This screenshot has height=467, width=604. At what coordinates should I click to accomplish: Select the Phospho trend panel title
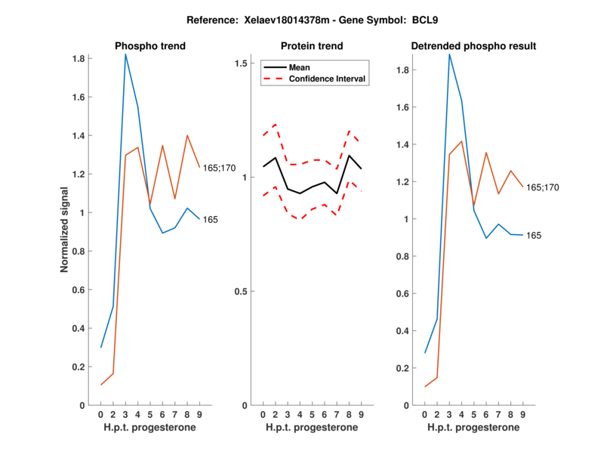[x=149, y=46]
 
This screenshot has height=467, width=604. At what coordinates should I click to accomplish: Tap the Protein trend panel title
[x=312, y=46]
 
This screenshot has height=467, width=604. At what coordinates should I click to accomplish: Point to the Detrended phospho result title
[x=473, y=46]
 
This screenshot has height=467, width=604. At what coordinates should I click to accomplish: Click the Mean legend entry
[x=300, y=67]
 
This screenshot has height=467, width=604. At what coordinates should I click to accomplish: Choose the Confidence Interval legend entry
[x=328, y=79]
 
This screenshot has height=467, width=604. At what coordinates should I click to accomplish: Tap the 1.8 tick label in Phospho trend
[x=78, y=58]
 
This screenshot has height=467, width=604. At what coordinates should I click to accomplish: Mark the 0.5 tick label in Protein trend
[x=241, y=292]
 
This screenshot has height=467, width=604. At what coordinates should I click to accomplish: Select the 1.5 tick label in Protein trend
[x=241, y=63]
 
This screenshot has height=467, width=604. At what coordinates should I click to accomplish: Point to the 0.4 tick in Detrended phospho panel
[x=403, y=331]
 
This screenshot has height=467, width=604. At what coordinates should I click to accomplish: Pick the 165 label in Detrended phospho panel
[x=535, y=236]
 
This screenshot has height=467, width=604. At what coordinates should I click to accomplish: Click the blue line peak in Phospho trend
[x=126, y=54]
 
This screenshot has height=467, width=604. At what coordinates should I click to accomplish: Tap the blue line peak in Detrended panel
[x=449, y=54]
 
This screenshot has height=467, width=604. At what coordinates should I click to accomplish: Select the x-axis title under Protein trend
[x=312, y=428]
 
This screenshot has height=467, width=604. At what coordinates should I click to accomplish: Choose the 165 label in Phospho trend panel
[x=211, y=220]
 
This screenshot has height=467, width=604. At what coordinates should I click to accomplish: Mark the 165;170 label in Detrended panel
[x=542, y=187]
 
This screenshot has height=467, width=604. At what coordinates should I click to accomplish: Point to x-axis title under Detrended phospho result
[x=473, y=428]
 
